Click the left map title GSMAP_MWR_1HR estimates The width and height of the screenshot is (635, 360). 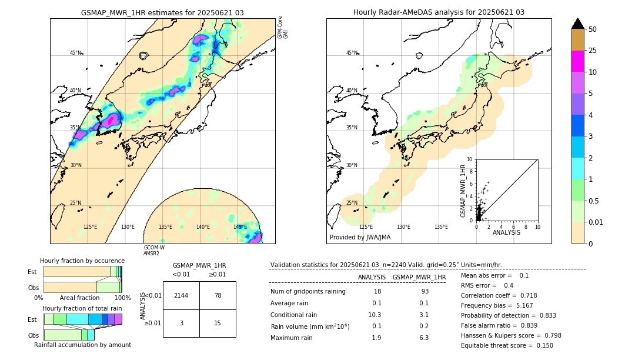(162, 12)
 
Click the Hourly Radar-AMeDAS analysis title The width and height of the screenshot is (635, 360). (439, 12)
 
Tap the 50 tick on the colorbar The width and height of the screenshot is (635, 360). (593, 29)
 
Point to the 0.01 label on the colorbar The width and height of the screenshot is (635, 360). (596, 222)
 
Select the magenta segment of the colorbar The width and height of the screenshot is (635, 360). (577, 61)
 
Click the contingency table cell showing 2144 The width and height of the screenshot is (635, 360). (181, 295)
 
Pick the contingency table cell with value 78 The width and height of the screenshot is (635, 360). (218, 295)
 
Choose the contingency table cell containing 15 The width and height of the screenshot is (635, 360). (218, 323)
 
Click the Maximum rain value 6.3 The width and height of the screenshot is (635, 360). (423, 338)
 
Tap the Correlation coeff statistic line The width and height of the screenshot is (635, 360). (499, 295)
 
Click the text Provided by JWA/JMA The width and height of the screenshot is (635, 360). (360, 238)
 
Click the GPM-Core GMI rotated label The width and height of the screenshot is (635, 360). (283, 27)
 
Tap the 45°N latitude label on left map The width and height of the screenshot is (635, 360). (75, 53)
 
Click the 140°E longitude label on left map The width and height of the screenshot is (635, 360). (203, 227)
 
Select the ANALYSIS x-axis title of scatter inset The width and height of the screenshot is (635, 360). (506, 232)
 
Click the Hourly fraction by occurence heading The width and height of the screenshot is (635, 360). (82, 261)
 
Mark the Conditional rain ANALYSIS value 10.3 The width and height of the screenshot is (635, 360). (375, 315)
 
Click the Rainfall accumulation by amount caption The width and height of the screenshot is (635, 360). (82, 345)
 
